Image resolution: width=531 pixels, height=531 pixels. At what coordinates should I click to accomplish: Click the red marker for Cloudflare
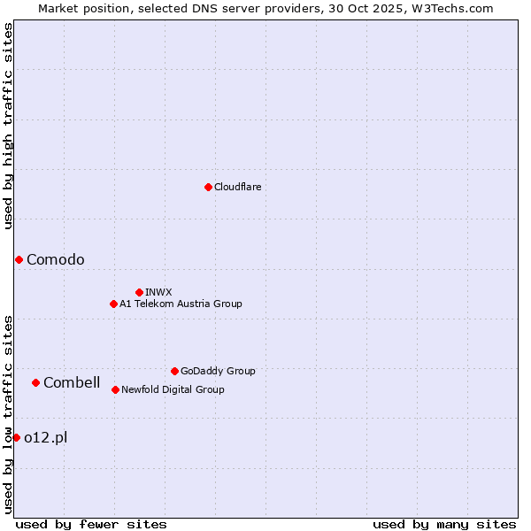tap(208, 187)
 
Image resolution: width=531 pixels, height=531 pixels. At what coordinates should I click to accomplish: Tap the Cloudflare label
tap(237, 188)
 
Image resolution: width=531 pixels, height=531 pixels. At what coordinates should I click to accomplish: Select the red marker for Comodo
tap(19, 259)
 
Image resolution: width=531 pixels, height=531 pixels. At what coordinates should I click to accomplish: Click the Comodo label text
tap(56, 259)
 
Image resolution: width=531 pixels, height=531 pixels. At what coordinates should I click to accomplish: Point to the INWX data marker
tap(139, 292)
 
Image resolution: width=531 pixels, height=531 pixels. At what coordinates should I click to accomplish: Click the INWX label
tap(158, 293)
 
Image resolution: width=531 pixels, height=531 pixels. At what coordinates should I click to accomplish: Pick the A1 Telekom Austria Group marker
tap(113, 304)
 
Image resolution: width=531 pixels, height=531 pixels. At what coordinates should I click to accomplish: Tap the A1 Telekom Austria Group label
tap(181, 304)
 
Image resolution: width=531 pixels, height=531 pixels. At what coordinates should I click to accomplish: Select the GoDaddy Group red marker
tap(174, 371)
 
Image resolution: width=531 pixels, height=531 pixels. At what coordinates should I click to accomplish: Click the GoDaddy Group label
tap(218, 372)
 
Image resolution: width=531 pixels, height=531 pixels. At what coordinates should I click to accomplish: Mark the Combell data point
tap(35, 382)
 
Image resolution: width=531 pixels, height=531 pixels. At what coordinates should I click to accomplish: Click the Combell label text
tap(72, 383)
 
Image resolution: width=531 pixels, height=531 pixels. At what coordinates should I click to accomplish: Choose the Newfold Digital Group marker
tap(115, 389)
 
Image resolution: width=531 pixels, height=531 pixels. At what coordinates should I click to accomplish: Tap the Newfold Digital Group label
tap(173, 390)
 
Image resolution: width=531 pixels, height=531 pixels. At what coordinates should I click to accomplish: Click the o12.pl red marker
tap(16, 437)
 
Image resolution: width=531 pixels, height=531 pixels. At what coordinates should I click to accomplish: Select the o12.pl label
tap(45, 437)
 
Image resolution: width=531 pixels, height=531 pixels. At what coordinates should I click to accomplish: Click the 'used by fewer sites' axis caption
tap(91, 524)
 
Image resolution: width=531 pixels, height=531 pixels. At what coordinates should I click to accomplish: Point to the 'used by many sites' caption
tap(444, 524)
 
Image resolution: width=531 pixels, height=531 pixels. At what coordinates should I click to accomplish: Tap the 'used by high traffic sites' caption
tap(9, 126)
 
